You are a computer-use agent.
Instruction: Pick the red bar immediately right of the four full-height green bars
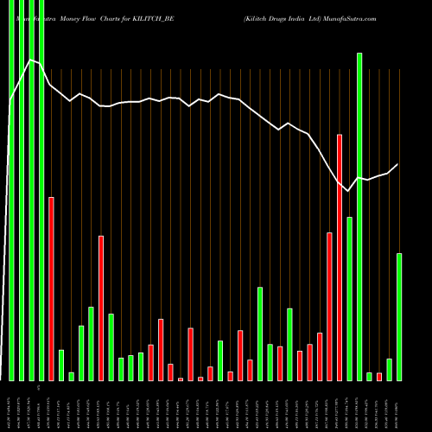click(x=51, y=289)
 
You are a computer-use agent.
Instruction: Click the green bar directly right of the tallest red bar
click(x=349, y=298)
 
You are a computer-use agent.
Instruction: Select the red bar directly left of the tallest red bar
click(x=329, y=306)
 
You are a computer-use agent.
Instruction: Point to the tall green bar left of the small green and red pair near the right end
click(x=359, y=216)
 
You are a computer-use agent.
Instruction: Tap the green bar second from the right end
click(x=389, y=370)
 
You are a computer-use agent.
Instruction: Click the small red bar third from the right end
click(x=379, y=376)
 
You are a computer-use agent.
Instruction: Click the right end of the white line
click(x=398, y=164)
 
